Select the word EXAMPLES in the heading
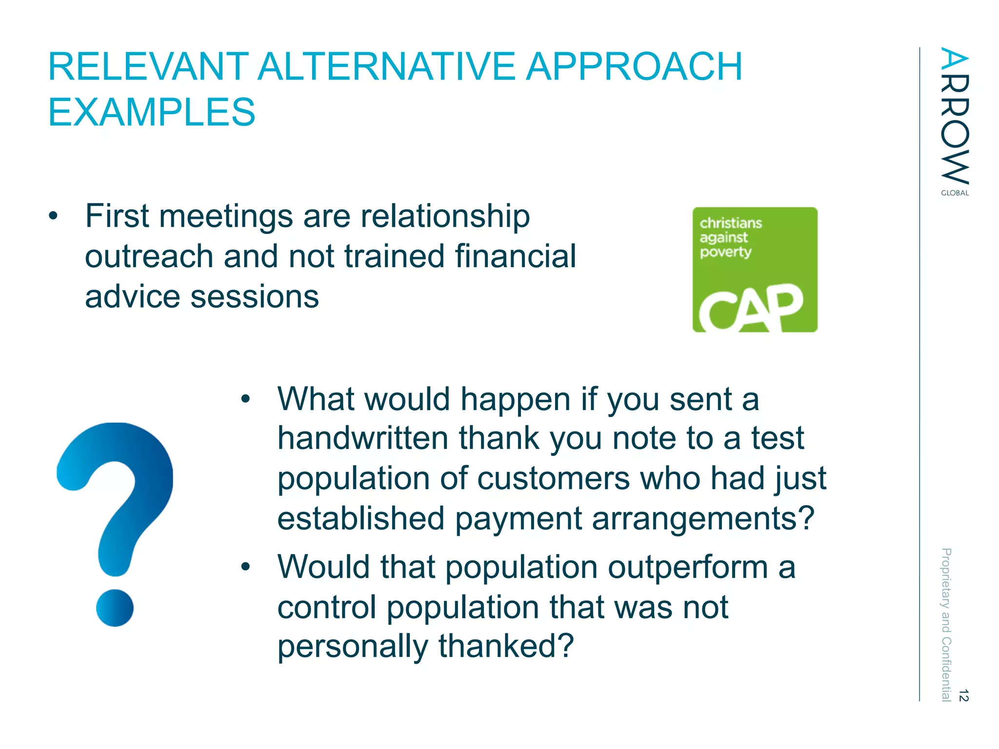152,113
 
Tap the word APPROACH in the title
634,67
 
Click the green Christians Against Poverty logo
755,270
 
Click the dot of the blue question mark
115,608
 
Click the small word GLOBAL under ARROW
955,193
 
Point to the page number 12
963,695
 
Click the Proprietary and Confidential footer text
946,624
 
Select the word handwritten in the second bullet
362,438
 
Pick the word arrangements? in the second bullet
703,518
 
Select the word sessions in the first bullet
254,297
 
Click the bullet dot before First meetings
53,216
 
